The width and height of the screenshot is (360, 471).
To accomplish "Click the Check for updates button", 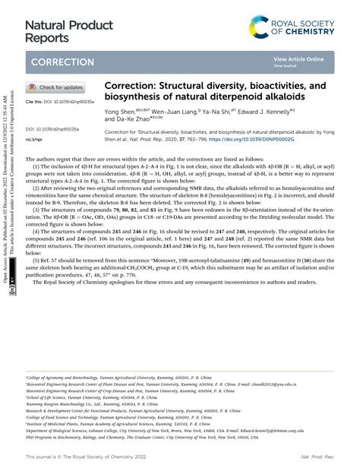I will [x=56, y=87].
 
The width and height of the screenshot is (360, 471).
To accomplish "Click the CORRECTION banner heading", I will [x=63, y=62].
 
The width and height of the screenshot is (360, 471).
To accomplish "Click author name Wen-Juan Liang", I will [x=185, y=111].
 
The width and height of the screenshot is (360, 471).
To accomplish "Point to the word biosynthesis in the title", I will [x=138, y=98].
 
